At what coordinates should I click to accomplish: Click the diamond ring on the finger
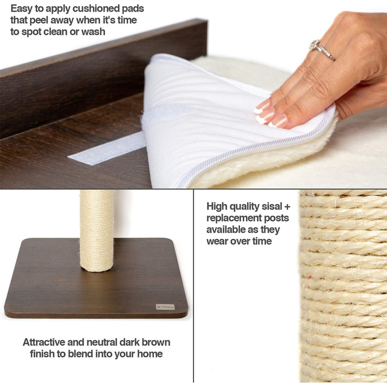321,49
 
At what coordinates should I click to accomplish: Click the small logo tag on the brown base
165,307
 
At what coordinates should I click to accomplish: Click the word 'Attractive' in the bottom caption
44,342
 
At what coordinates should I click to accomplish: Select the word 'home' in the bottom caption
150,354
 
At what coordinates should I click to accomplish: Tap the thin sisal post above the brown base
97,231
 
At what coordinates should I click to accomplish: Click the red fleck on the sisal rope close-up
310,278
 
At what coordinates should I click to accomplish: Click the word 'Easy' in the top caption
21,9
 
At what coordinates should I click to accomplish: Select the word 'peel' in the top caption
39,20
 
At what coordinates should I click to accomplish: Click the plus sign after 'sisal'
287,207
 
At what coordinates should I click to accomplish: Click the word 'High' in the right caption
217,206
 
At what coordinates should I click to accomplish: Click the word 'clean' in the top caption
55,32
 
